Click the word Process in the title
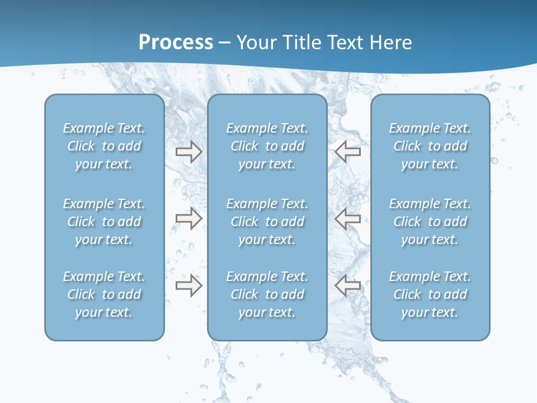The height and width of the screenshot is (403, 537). tap(176, 43)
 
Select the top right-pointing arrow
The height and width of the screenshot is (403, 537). tap(189, 152)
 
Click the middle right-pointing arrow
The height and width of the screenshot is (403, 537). tap(189, 218)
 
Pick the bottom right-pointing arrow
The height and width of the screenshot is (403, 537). tap(189, 286)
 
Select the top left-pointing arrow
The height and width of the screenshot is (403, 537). tap(348, 151)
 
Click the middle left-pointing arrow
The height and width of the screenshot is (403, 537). tap(348, 218)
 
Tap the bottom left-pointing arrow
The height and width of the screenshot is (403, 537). tap(348, 285)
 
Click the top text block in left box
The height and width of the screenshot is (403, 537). tap(104, 146)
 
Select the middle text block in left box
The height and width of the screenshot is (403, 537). tap(104, 222)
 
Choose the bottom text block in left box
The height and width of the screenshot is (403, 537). tap(104, 294)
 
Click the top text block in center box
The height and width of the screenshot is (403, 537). tap(267, 146)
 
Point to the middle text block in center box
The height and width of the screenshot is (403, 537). tap(267, 222)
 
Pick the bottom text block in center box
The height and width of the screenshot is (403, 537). tap(267, 294)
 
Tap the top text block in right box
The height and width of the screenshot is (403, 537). tap(430, 146)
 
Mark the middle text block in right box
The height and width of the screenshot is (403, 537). tap(430, 222)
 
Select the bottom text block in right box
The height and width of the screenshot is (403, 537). tap(430, 294)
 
